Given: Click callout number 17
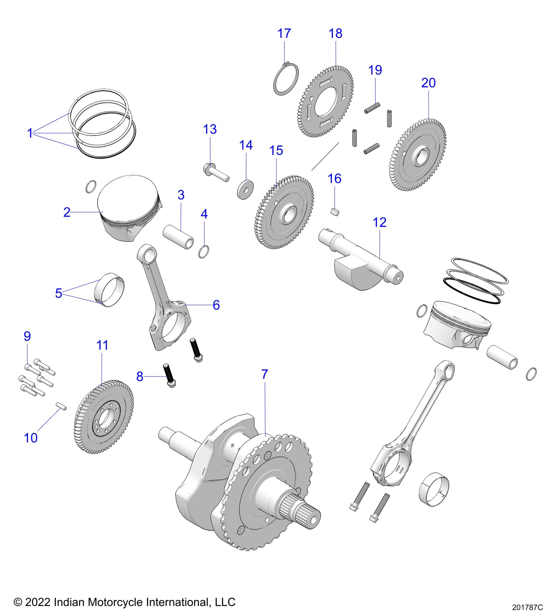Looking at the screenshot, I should click(284, 34).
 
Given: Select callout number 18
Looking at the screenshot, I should click(335, 34).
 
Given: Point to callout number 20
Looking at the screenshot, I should click(428, 83).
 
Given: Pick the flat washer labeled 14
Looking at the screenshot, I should click(246, 190).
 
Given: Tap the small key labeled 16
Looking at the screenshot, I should click(335, 213).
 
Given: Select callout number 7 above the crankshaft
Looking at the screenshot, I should click(264, 374).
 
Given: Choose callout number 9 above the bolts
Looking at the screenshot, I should click(27, 336).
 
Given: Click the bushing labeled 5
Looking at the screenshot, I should click(110, 290).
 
